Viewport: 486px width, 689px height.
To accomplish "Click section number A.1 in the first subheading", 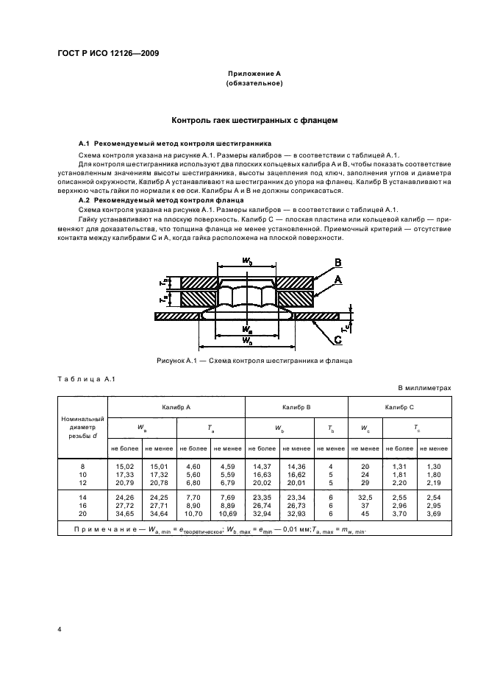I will tap(84, 143).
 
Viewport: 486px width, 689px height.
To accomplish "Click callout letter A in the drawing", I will tap(338, 280).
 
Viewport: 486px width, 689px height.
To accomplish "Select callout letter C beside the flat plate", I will tap(337, 339).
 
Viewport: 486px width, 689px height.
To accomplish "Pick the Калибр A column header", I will tap(176, 406).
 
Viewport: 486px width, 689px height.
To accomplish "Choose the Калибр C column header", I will tap(399, 406).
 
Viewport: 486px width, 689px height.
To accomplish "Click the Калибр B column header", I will tap(296, 406).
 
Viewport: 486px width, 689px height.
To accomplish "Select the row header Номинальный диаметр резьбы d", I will tap(82, 425).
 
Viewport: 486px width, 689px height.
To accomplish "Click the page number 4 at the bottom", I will tap(60, 629).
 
